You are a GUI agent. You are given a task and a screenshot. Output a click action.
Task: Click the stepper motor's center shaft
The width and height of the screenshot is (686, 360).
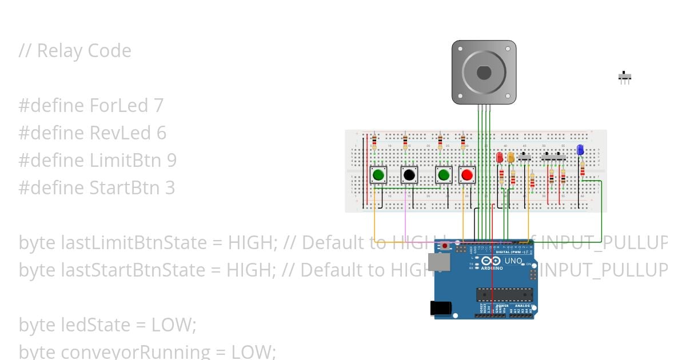click(x=484, y=73)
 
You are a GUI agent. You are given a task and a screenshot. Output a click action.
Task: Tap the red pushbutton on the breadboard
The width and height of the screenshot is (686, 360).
click(x=467, y=175)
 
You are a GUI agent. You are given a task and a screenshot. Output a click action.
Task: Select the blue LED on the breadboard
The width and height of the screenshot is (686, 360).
click(x=580, y=150)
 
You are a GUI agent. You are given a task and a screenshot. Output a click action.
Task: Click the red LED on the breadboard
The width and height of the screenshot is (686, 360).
click(x=500, y=157)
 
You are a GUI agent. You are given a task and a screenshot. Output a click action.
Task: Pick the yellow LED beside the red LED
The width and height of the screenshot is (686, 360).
click(x=511, y=157)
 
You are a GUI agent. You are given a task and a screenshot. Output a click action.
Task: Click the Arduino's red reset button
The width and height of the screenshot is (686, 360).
click(x=445, y=246)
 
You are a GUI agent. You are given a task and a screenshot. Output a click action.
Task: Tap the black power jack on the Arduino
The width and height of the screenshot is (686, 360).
click(x=442, y=308)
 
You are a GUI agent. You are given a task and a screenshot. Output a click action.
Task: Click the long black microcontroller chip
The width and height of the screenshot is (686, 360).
click(x=505, y=294)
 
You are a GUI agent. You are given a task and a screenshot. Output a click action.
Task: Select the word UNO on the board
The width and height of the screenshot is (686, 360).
click(x=513, y=261)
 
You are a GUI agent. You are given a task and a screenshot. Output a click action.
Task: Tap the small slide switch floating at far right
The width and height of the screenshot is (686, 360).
click(x=625, y=76)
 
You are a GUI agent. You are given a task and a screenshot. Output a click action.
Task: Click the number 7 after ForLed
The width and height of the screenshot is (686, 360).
click(x=158, y=105)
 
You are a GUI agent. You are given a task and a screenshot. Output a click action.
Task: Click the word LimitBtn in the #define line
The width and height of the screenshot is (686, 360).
click(x=126, y=160)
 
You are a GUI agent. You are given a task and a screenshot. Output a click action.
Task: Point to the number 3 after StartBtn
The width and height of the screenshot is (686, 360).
click(x=170, y=187)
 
